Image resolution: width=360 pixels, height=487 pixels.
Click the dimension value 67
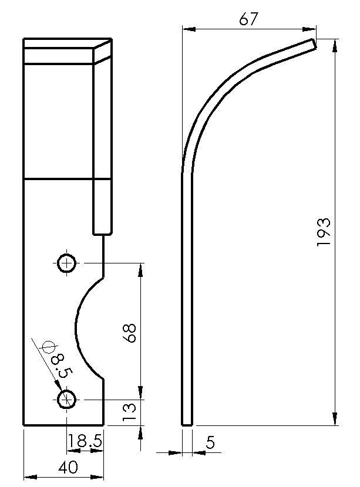pyautogui.click(x=249, y=19)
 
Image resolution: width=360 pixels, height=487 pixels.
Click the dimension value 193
pyautogui.click(x=324, y=232)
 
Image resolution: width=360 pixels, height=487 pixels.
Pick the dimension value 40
pyautogui.click(x=69, y=468)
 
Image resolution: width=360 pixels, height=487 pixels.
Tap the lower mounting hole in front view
pyautogui.click(x=67, y=400)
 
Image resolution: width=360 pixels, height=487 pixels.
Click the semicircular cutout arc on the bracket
pyautogui.click(x=77, y=329)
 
